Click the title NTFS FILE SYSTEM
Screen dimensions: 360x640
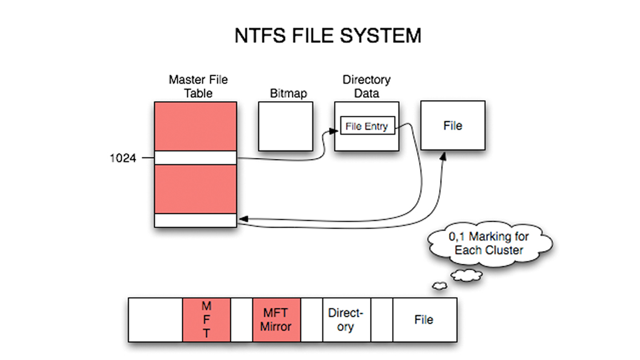(327, 36)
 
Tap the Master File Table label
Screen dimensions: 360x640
(198, 87)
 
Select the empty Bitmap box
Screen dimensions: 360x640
(286, 126)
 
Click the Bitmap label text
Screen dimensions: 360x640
(288, 93)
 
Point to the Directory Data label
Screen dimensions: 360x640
(366, 87)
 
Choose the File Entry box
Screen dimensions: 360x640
(367, 127)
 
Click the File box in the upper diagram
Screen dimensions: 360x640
(452, 126)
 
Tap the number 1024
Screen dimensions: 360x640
(123, 158)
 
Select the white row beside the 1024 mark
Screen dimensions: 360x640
(196, 158)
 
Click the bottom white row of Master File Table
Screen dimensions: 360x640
(196, 221)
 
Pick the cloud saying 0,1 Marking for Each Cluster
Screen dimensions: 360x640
(489, 244)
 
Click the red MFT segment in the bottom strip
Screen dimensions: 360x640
(206, 319)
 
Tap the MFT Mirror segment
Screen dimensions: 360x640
(276, 319)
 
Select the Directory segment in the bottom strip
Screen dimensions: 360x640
(346, 319)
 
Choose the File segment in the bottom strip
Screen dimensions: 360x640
(424, 319)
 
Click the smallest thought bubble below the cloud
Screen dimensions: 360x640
(439, 286)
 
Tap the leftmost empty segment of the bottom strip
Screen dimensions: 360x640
(156, 319)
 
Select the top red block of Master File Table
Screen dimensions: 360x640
(196, 126)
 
